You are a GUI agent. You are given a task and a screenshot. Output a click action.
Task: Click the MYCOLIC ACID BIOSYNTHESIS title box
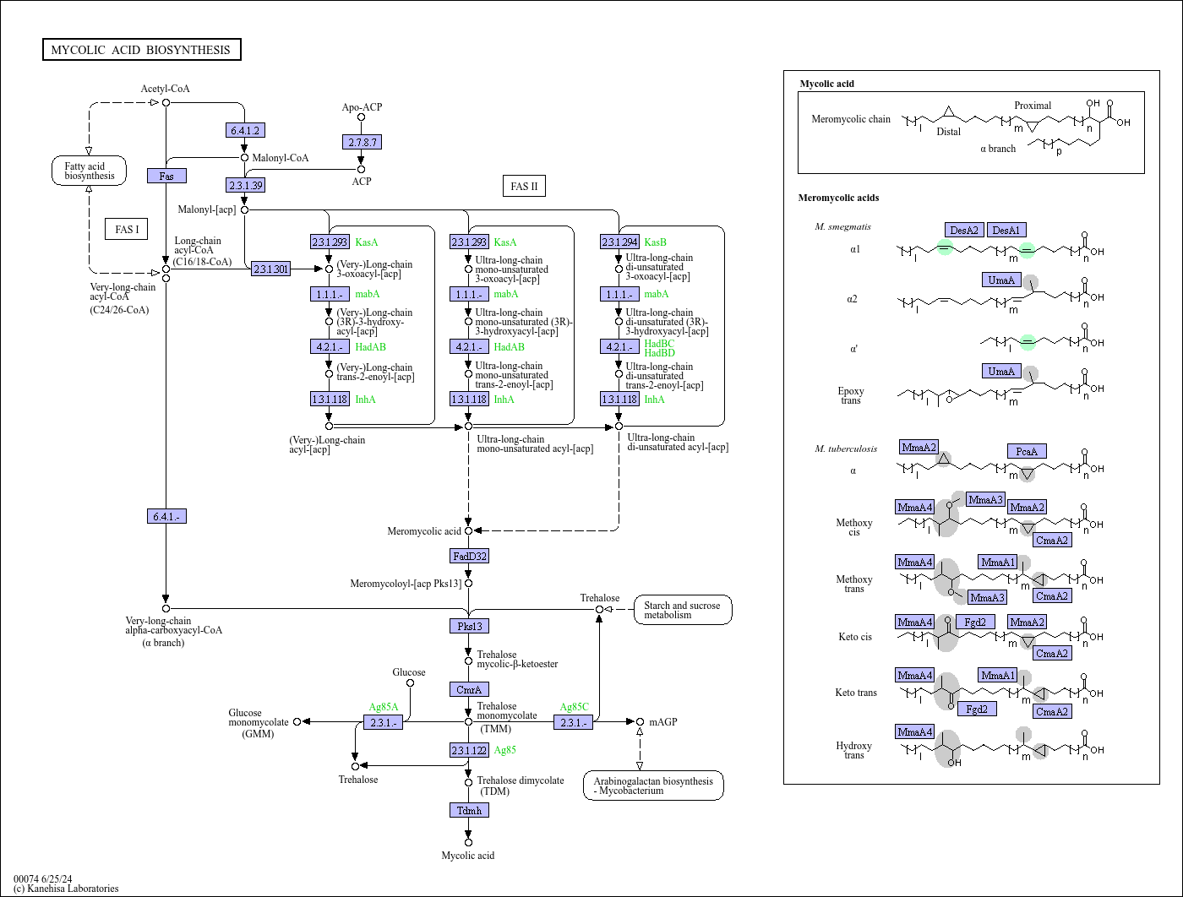coord(141,50)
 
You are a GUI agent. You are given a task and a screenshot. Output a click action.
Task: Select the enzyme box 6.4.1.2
coord(246,130)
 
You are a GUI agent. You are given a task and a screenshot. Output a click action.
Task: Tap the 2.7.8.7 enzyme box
coord(363,142)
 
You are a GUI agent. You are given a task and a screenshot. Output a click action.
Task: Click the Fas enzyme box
coord(166,176)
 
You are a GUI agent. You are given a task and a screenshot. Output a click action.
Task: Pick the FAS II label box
coord(524,186)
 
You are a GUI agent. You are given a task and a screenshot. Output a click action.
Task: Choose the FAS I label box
coord(127,229)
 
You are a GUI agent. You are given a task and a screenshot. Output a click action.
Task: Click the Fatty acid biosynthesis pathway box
coord(89,171)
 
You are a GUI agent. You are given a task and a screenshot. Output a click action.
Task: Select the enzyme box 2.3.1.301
coord(270,269)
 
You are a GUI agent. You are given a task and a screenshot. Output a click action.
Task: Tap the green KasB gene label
coord(655,242)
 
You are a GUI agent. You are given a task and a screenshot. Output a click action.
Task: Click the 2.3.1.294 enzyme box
coord(619,242)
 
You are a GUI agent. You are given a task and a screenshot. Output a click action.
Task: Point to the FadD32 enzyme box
coord(469,556)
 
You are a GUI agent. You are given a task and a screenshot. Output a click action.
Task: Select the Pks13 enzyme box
coord(469,626)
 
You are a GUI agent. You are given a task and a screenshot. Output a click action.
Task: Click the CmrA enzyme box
coord(469,689)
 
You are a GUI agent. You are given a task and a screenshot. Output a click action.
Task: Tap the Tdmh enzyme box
coord(469,810)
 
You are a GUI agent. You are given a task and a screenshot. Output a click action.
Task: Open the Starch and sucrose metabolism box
coord(682,610)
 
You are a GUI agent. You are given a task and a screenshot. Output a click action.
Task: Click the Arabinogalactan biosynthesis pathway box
coord(652,786)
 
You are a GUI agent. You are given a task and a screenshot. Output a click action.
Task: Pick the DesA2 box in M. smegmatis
coord(964,230)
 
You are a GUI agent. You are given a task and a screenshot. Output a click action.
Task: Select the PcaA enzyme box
coord(1027,451)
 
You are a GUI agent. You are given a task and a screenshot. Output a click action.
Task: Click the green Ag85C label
coord(574,707)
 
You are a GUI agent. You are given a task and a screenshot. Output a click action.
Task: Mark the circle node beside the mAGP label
coord(640,721)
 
